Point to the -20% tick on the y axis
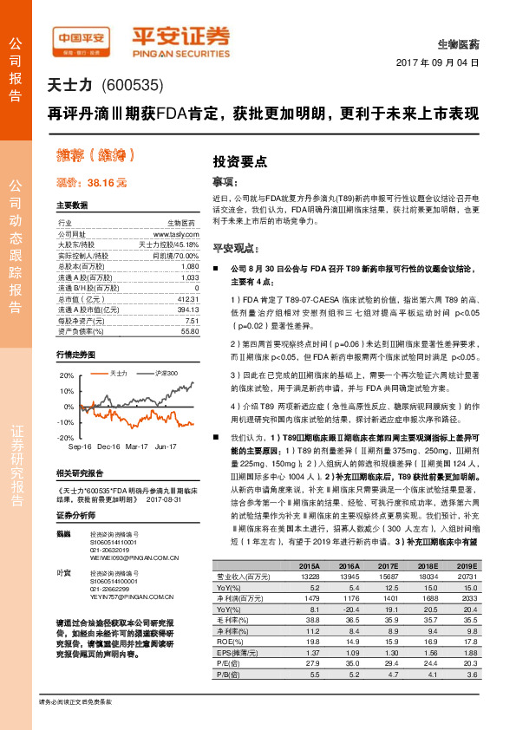click(65, 438)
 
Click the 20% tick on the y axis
click(67, 375)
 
